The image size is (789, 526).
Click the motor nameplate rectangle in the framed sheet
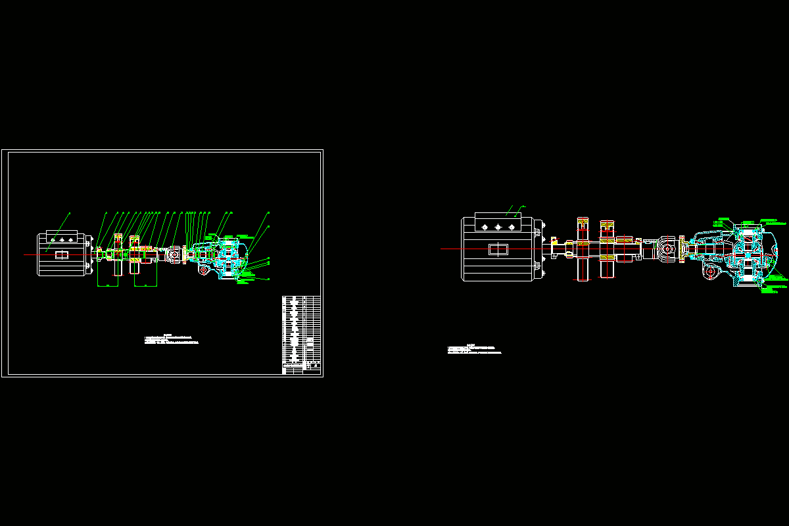pos(62,255)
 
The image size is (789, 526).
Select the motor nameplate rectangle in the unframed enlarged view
pos(498,249)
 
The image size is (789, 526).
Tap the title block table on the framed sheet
pos(301,335)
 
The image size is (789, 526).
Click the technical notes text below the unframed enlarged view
pos(473,349)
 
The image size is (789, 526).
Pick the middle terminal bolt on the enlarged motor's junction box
pos(498,226)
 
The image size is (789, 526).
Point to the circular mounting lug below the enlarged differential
pos(711,273)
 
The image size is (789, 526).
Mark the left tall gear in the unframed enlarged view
pos(583,249)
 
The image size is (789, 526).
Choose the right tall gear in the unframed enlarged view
pos(608,249)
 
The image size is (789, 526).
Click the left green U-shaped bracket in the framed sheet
pos(107,276)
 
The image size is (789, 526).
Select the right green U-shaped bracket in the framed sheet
pos(145,276)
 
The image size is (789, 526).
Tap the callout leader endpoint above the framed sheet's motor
pos(70,214)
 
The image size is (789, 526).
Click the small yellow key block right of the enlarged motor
pos(556,241)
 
